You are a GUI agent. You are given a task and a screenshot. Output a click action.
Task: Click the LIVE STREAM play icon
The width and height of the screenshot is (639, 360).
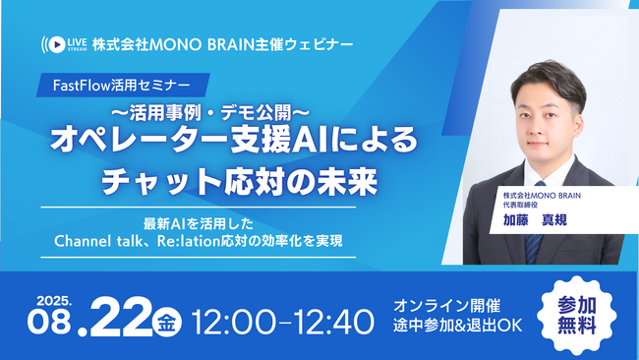point(54,44)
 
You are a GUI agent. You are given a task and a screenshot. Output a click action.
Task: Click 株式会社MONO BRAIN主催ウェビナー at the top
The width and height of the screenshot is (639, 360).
point(221,44)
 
